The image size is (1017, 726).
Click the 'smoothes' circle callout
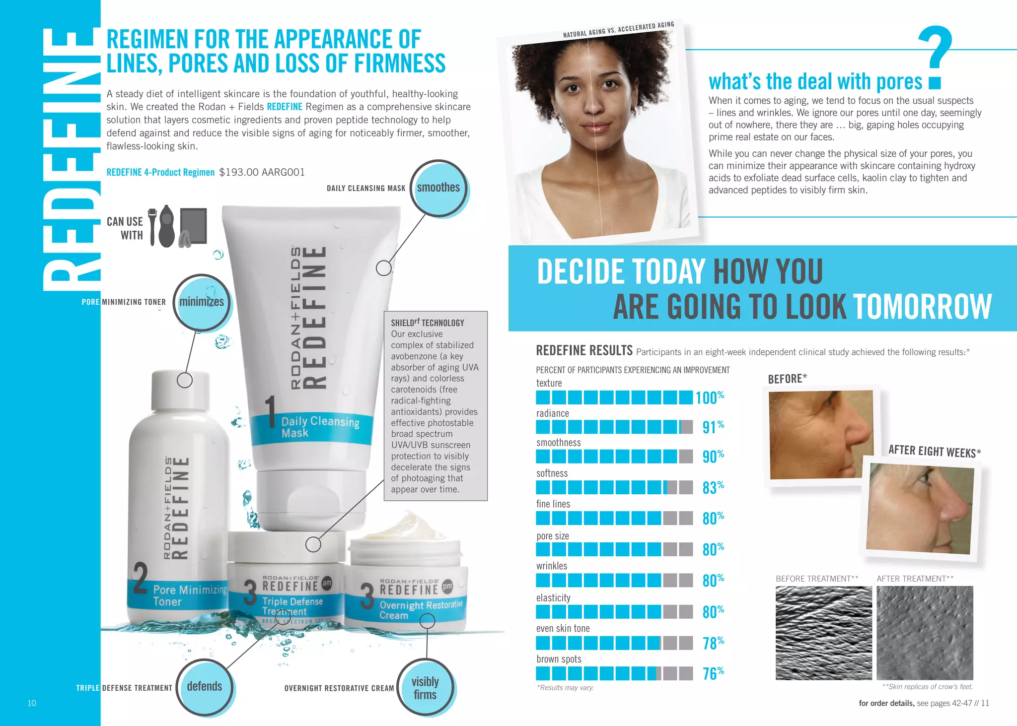(x=438, y=188)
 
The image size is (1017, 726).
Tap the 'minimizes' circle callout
(x=202, y=302)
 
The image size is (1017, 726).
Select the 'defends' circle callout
(x=205, y=687)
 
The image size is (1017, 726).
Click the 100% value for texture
(x=709, y=397)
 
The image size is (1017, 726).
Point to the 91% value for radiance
(x=713, y=427)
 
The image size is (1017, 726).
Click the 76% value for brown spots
(x=713, y=673)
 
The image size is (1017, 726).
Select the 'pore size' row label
(x=552, y=536)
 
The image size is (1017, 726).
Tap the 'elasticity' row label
(x=553, y=598)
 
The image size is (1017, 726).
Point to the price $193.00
(x=238, y=172)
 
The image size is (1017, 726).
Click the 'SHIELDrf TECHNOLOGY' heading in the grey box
(x=427, y=323)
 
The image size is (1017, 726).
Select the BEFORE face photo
(x=820, y=434)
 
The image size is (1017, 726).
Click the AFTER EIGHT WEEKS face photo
(x=920, y=508)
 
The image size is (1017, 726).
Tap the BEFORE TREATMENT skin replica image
(x=823, y=633)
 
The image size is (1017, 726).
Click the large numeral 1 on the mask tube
(x=270, y=412)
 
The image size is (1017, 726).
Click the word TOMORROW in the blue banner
(x=922, y=307)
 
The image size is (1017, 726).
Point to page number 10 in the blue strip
(x=32, y=703)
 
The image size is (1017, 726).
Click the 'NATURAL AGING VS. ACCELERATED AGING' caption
(x=618, y=30)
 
